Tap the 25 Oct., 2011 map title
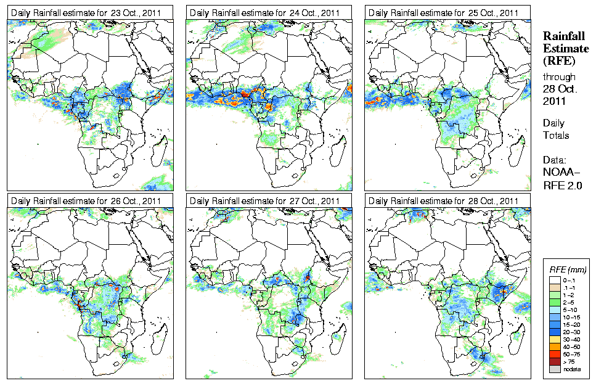pos(443,13)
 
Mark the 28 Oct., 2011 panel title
pos(443,201)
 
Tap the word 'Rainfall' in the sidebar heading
pos(564,36)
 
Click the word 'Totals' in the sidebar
pos(556,135)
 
